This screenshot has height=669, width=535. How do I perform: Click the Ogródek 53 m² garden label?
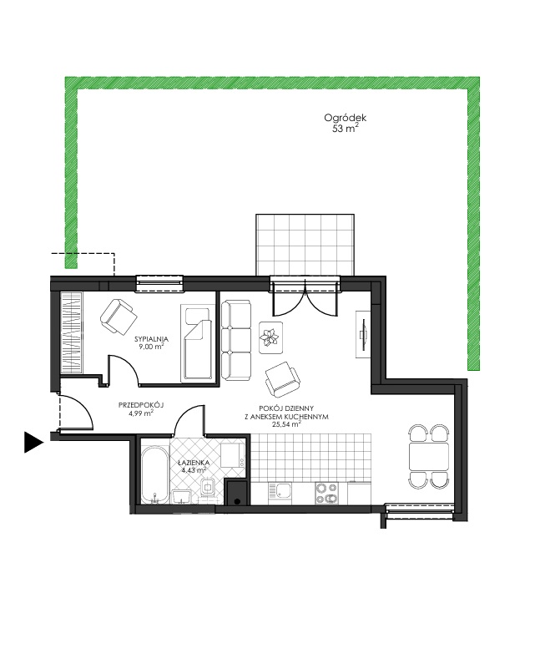[x=345, y=123]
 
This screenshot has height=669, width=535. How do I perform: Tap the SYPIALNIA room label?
[x=151, y=339]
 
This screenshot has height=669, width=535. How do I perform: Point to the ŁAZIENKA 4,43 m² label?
[x=194, y=466]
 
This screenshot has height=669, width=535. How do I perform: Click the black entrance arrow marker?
[x=34, y=442]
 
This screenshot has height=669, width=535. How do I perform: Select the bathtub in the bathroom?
[x=154, y=475]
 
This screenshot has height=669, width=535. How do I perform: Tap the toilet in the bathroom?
[x=208, y=488]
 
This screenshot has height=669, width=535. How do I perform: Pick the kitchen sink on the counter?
[x=280, y=493]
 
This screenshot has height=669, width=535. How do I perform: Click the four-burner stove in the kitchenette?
[x=326, y=493]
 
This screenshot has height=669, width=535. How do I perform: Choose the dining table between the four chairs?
[x=429, y=456]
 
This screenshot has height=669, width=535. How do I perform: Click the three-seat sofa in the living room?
[x=235, y=340]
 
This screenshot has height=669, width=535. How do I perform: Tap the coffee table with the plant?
[x=270, y=337]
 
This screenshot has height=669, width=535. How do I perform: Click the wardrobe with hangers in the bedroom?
[x=71, y=332]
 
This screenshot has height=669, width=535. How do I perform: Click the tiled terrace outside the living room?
[x=305, y=246]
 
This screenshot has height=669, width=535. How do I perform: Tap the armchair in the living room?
[x=283, y=379]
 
